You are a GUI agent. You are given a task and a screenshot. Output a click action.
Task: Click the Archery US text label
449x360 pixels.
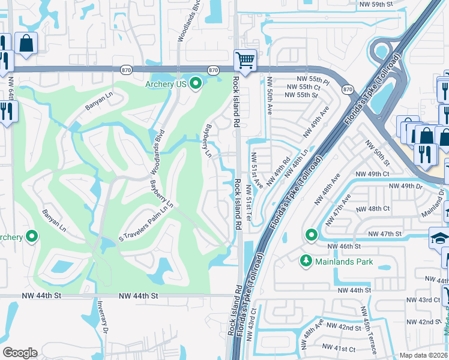click(166, 84)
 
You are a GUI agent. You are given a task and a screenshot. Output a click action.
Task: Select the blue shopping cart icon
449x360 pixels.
click(245, 60)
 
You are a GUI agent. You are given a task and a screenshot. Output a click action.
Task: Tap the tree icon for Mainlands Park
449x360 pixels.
click(306, 261)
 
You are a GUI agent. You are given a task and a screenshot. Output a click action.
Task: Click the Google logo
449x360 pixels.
click(20, 353)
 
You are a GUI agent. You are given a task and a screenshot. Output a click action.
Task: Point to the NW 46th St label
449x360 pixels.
click(343, 247)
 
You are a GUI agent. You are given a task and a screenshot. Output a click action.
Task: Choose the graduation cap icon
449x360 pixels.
click(439, 238)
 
